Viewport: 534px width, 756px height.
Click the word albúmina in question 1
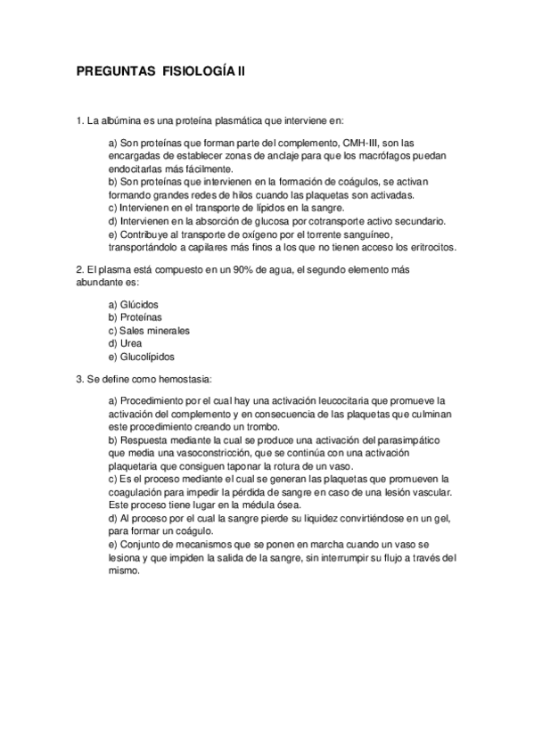(120, 119)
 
